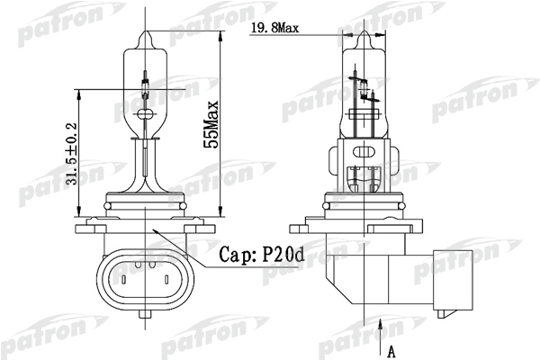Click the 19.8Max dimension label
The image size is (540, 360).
coord(275,28)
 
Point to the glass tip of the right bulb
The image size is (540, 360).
coord(365,38)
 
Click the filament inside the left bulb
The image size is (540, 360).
coord(147,90)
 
